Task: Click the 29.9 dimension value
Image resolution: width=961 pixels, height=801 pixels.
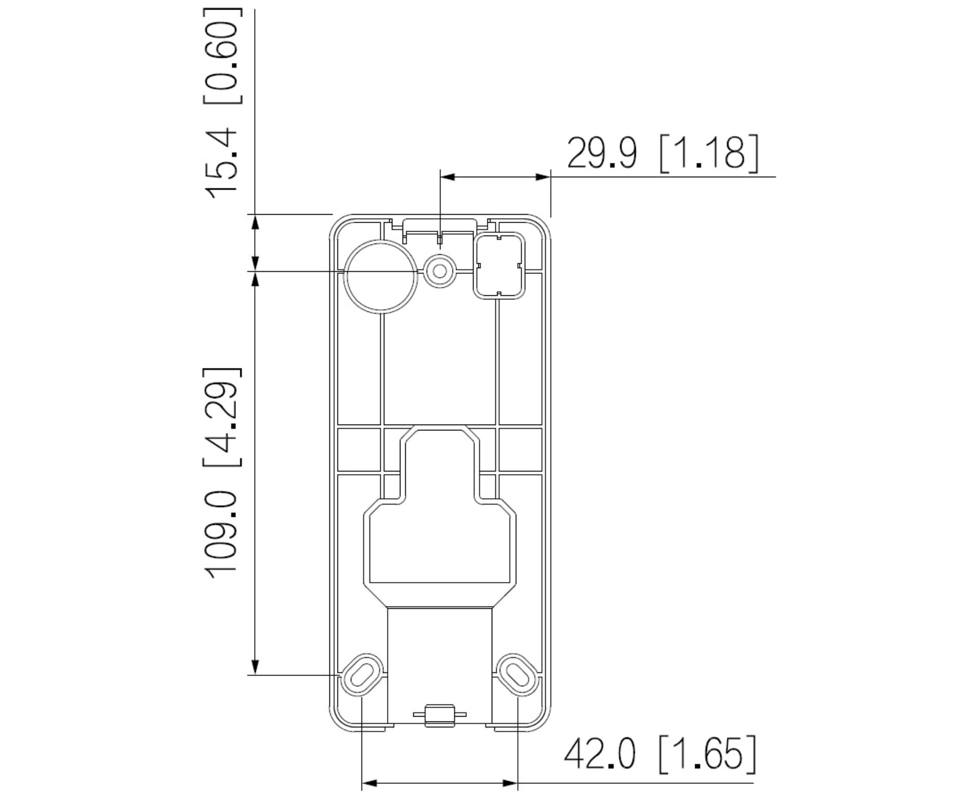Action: tap(601, 153)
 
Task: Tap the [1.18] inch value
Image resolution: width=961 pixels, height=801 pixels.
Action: tap(709, 153)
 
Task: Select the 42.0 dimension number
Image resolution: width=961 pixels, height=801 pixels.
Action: tap(600, 755)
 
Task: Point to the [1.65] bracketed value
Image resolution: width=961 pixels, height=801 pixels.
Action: tap(708, 755)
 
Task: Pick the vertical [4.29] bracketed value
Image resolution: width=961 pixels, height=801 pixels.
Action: tap(220, 416)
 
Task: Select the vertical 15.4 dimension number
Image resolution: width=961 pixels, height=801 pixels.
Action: tap(220, 163)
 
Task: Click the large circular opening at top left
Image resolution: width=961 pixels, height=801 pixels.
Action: tap(381, 276)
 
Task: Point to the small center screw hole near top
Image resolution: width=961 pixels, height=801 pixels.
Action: tap(439, 271)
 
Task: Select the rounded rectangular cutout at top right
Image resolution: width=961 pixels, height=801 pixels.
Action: tap(500, 265)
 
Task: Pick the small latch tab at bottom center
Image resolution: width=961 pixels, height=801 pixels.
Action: tap(439, 715)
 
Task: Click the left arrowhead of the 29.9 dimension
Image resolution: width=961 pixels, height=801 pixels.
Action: tap(447, 177)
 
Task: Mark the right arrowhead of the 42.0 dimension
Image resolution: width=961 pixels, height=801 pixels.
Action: tap(510, 783)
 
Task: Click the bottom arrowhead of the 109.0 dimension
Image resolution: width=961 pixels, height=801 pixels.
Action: tap(255, 667)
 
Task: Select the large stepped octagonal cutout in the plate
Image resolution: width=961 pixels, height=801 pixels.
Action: tap(439, 539)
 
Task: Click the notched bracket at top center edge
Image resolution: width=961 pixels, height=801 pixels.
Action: tap(439, 226)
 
